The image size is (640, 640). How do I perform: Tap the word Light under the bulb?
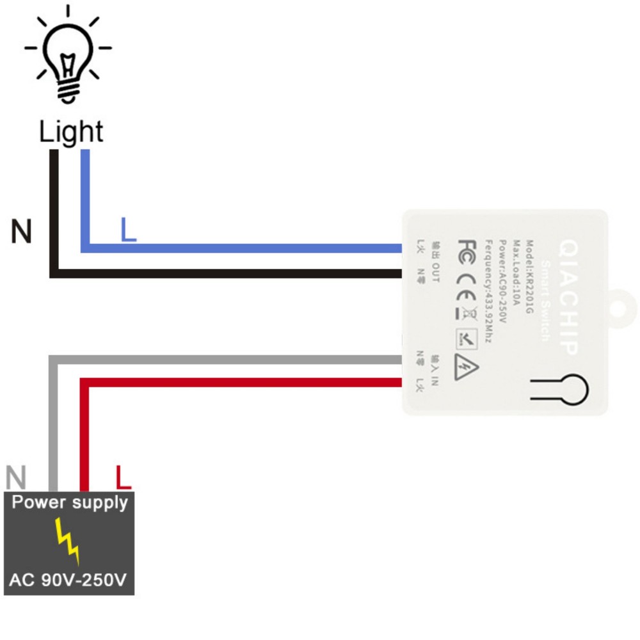click(x=70, y=132)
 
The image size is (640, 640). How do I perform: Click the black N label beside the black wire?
click(x=21, y=231)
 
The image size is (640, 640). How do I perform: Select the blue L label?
click(x=129, y=230)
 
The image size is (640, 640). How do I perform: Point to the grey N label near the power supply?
click(x=16, y=477)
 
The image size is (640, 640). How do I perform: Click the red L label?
click(x=123, y=477)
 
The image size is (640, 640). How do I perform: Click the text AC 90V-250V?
click(x=68, y=580)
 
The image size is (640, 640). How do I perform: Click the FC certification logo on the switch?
click(x=467, y=248)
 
